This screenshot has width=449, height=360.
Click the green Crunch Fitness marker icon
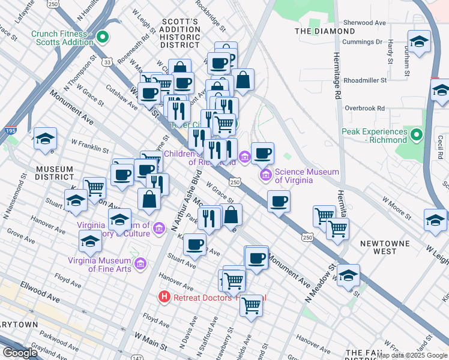point(103,37)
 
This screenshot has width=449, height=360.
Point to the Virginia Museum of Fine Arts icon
point(140,263)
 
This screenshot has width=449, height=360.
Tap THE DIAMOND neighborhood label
point(325,31)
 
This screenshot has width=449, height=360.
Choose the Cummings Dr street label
point(362,42)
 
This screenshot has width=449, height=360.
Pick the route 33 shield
point(107,62)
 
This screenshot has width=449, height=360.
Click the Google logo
point(20,353)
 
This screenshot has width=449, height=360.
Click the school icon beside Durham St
point(419,42)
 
